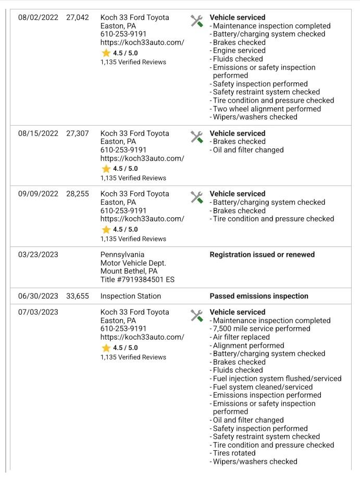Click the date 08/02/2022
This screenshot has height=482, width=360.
(38, 17)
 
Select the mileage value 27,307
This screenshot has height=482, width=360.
(78, 133)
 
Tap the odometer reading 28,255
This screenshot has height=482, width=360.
(78, 194)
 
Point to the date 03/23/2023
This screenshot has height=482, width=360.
(38, 255)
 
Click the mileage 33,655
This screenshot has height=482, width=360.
(78, 296)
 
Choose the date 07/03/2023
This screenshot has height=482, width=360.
(38, 312)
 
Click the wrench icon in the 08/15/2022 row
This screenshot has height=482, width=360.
(196, 137)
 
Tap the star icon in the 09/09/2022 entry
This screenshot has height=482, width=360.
(106, 230)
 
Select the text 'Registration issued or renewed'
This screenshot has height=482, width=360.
(262, 255)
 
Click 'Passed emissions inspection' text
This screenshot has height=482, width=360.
(259, 296)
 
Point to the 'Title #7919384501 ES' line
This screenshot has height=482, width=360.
(138, 280)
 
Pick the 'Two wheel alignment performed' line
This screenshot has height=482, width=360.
(267, 109)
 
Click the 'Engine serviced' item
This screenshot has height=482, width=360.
(239, 51)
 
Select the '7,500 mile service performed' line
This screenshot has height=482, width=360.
(262, 329)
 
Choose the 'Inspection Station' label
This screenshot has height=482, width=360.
(131, 296)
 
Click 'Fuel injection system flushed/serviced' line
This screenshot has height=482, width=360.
(277, 379)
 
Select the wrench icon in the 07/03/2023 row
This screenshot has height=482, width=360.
(196, 316)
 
